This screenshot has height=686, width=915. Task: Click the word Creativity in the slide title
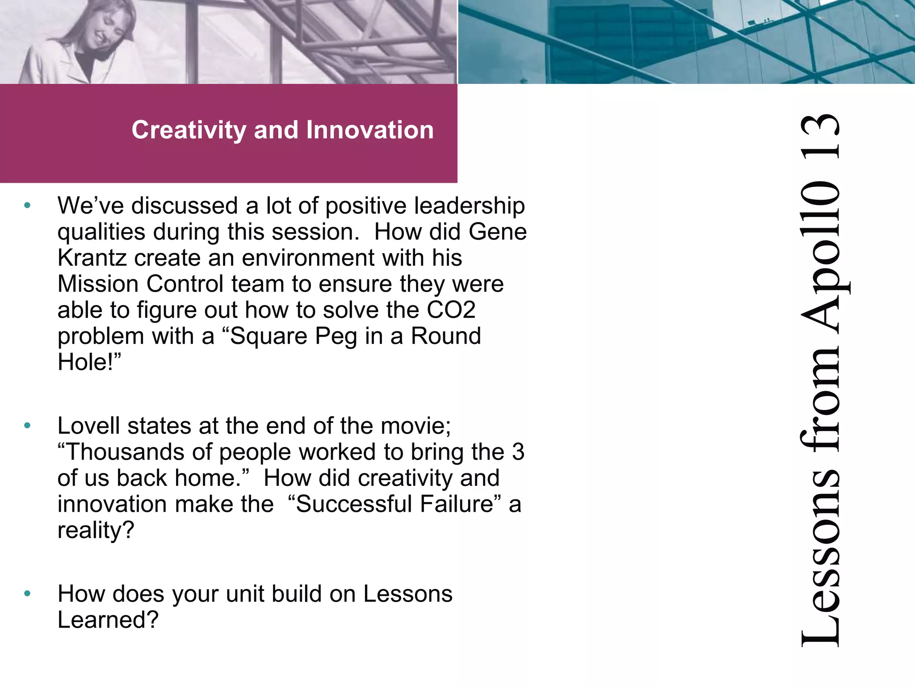pos(189,130)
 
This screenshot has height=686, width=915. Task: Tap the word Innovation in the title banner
pos(370,130)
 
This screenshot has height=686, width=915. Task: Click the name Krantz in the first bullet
pos(92,258)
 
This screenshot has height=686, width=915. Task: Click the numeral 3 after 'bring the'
pos(518,452)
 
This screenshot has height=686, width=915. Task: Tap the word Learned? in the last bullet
pos(108,619)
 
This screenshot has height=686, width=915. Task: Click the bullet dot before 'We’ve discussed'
pos(28,206)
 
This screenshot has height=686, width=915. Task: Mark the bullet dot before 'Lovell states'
pos(28,426)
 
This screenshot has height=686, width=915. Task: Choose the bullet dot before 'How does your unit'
pos(28,594)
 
